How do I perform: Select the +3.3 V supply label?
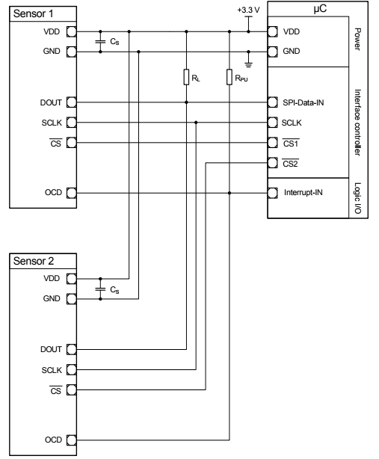(246, 11)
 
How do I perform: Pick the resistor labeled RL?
(186, 77)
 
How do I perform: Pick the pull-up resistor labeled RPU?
(229, 77)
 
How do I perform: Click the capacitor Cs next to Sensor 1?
(101, 42)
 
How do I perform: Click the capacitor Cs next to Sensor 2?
(101, 289)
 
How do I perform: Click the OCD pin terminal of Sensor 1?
(72, 193)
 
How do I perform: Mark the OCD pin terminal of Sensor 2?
(72, 440)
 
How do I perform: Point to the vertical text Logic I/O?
(358, 198)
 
